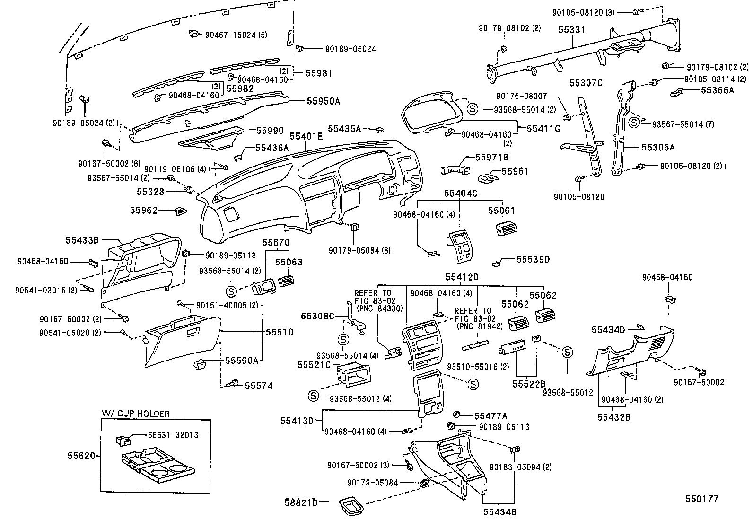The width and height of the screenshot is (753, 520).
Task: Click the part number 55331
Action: [x=571, y=30]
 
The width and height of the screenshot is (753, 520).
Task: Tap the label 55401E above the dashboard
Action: [x=306, y=136]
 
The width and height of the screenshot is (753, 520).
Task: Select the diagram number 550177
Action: [x=702, y=498]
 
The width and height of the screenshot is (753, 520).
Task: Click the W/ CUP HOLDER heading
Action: [x=135, y=414]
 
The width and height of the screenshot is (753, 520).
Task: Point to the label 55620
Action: [x=81, y=456]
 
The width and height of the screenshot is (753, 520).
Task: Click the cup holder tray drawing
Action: [x=157, y=465]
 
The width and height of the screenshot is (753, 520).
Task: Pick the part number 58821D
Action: [x=301, y=502]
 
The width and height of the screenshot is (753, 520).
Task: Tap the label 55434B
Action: [x=500, y=512]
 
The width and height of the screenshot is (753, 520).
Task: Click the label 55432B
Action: [x=614, y=417]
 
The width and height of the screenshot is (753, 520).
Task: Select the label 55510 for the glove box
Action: [x=280, y=332]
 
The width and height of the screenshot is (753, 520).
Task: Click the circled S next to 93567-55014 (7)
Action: [x=634, y=123]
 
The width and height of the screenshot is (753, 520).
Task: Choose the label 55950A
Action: [x=324, y=101]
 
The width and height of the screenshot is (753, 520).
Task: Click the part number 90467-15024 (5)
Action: [x=236, y=35]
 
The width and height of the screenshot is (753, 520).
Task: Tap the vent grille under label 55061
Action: [x=506, y=229]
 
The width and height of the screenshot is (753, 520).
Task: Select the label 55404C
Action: [x=461, y=194]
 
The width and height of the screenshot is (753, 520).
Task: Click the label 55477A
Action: [x=490, y=416]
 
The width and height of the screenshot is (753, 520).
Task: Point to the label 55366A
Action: [x=718, y=90]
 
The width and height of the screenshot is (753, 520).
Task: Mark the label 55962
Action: [x=144, y=210]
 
